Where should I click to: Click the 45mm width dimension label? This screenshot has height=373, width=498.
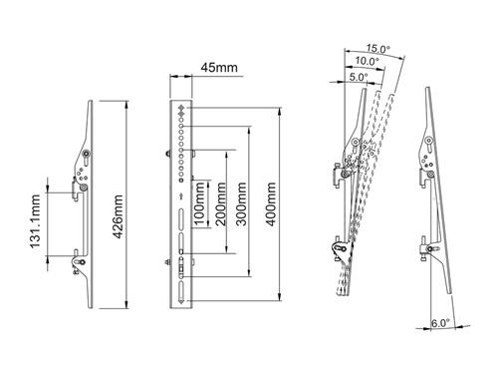220,68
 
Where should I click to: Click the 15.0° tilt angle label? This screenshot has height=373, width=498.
378,48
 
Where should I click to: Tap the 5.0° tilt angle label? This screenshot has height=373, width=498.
358,75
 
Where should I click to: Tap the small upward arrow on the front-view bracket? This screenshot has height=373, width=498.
180,195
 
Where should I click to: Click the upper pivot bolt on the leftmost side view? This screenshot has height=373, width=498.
87,154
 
